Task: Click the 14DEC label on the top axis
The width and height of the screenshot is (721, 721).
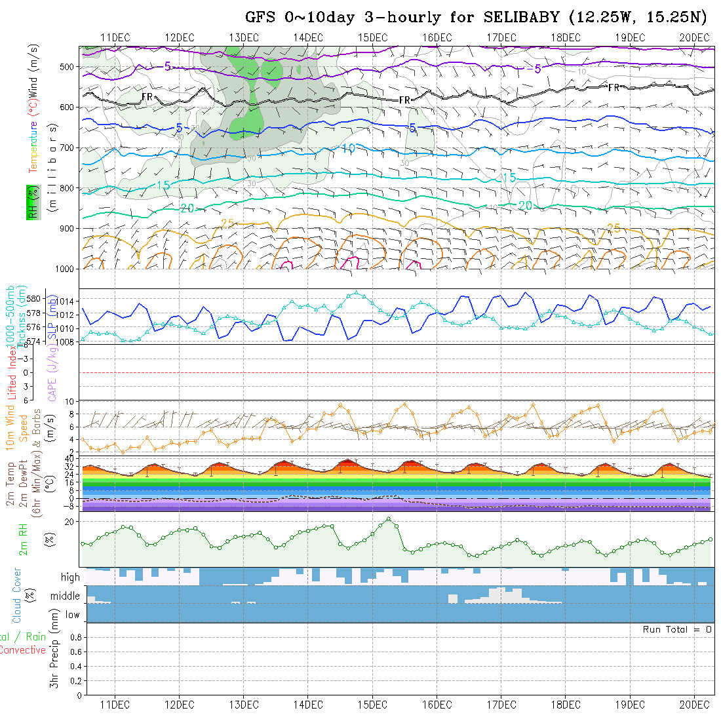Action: click(x=308, y=37)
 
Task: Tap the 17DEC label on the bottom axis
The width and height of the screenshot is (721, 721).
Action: click(x=501, y=705)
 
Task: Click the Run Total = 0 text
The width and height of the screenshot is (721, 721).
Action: click(x=677, y=629)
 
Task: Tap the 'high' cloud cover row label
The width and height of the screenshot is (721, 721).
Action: click(x=70, y=577)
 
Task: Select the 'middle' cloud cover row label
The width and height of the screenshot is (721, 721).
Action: click(x=65, y=596)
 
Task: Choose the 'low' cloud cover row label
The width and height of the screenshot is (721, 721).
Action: click(x=72, y=615)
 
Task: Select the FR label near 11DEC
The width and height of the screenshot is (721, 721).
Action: click(x=147, y=97)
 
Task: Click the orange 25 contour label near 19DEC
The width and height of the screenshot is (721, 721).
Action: click(x=614, y=228)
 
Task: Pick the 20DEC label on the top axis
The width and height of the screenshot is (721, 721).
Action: click(x=694, y=37)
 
